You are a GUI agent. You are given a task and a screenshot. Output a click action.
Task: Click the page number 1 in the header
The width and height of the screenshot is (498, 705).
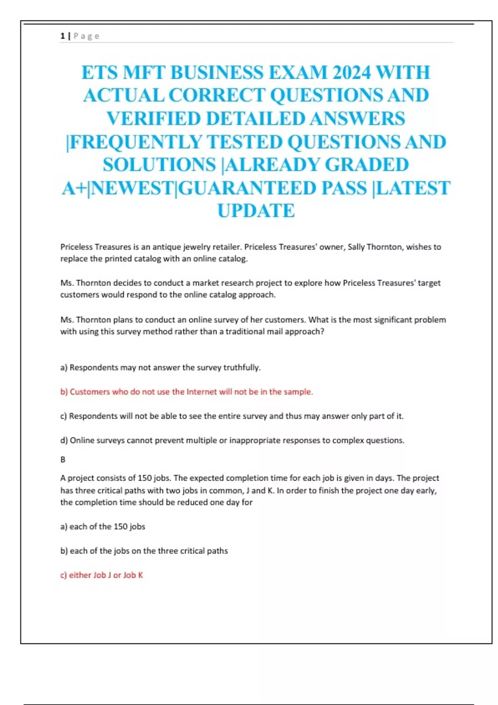pos(62,36)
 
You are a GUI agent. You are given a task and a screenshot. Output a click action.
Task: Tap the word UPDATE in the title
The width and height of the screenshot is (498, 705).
pos(256,211)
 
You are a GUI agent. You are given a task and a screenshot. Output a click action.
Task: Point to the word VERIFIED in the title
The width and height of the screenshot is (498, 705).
pos(154,119)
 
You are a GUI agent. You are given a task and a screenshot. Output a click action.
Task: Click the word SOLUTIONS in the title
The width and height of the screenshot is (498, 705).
pos(159,165)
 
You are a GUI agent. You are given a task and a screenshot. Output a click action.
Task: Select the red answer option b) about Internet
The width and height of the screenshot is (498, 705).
pos(187,391)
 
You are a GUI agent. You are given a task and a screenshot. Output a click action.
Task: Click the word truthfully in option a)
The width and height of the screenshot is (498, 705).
pos(242,367)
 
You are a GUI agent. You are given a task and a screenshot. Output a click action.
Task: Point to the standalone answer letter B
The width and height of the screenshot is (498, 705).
pos(63,459)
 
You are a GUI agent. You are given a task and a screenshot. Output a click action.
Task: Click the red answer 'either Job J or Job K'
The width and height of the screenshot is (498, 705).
pos(102,575)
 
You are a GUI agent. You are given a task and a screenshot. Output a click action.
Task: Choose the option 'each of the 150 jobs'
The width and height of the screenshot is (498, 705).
pos(103,526)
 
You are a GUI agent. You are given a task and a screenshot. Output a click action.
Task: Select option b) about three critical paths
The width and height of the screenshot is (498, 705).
pos(144,551)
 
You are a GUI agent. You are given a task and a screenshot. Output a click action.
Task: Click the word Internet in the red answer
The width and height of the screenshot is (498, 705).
pos(201,391)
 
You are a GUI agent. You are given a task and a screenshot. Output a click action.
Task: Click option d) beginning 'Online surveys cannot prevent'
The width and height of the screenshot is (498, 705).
pos(232,440)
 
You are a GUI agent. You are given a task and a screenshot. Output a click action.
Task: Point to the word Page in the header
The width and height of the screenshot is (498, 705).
pos(86,36)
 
